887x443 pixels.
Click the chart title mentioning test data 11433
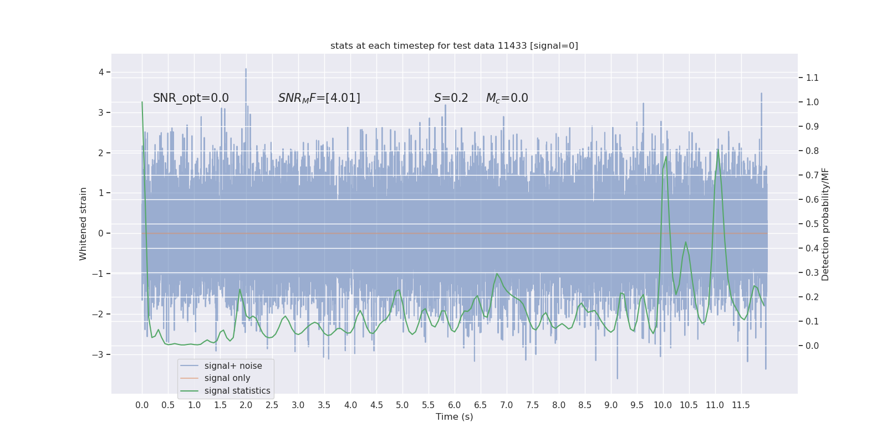click(x=454, y=45)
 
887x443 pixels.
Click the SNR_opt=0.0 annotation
click(x=191, y=98)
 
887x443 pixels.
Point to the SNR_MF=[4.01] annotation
click(x=319, y=98)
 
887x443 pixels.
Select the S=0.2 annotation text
click(x=451, y=98)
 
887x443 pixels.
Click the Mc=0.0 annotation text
click(x=507, y=98)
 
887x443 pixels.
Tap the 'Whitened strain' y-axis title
click(x=83, y=224)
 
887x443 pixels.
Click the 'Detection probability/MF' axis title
click(x=825, y=224)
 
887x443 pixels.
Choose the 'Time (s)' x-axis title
click(x=454, y=416)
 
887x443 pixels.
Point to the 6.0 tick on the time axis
click(x=454, y=405)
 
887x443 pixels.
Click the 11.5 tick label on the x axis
click(x=741, y=405)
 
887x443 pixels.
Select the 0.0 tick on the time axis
click(x=142, y=405)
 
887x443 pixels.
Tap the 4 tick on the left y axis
click(x=101, y=72)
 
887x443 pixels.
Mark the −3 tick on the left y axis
click(x=99, y=354)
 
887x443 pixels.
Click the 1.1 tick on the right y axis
click(x=812, y=78)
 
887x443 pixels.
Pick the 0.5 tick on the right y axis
click(x=812, y=224)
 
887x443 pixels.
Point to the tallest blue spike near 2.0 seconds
click(x=246, y=70)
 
